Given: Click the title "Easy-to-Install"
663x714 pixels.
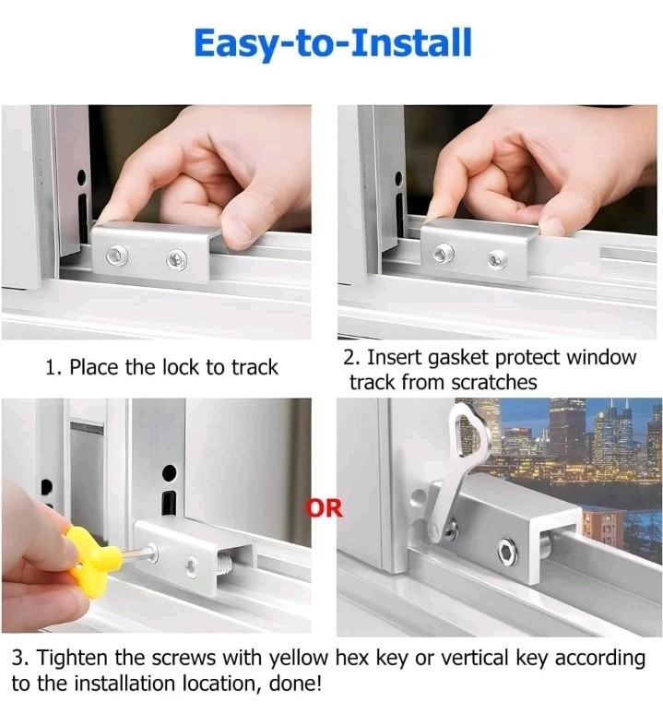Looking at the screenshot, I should (333, 43).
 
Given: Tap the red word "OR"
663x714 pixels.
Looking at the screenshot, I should (324, 506).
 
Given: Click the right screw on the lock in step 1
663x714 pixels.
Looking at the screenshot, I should (172, 258).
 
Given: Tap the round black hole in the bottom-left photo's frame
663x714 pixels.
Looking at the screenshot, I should (169, 473).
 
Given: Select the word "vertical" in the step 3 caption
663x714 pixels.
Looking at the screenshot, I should (463, 659).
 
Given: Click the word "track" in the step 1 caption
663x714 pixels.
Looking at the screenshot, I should (255, 367).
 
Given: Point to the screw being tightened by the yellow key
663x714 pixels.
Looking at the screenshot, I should (150, 554).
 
